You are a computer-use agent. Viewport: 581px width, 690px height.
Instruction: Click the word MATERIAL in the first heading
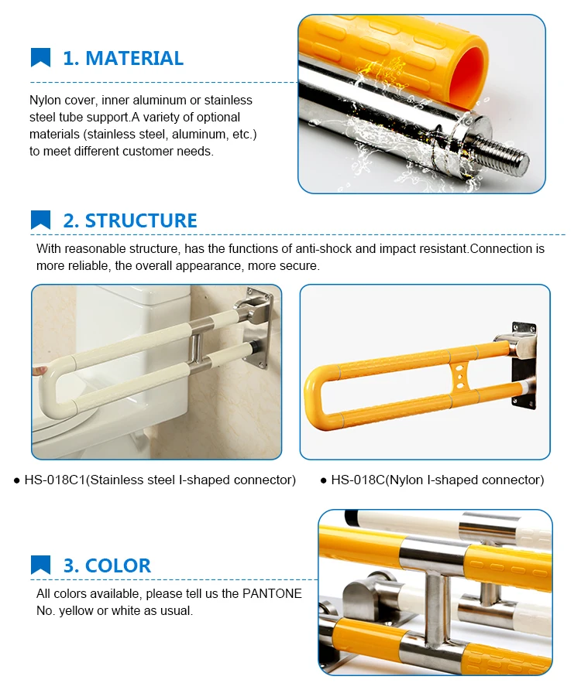134,59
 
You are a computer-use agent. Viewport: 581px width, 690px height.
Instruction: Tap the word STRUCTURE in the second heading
141,220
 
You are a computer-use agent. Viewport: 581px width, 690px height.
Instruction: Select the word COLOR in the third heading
118,565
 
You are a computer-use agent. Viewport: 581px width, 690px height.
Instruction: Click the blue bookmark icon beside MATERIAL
40,58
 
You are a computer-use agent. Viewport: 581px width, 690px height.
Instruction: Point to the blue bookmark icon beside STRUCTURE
40,220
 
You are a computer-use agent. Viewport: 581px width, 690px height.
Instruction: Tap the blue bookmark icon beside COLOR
40,565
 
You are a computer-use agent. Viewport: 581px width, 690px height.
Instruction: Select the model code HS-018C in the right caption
358,480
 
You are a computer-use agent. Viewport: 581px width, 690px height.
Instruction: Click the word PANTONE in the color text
272,593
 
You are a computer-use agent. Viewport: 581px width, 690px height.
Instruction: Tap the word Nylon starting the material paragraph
46,101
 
